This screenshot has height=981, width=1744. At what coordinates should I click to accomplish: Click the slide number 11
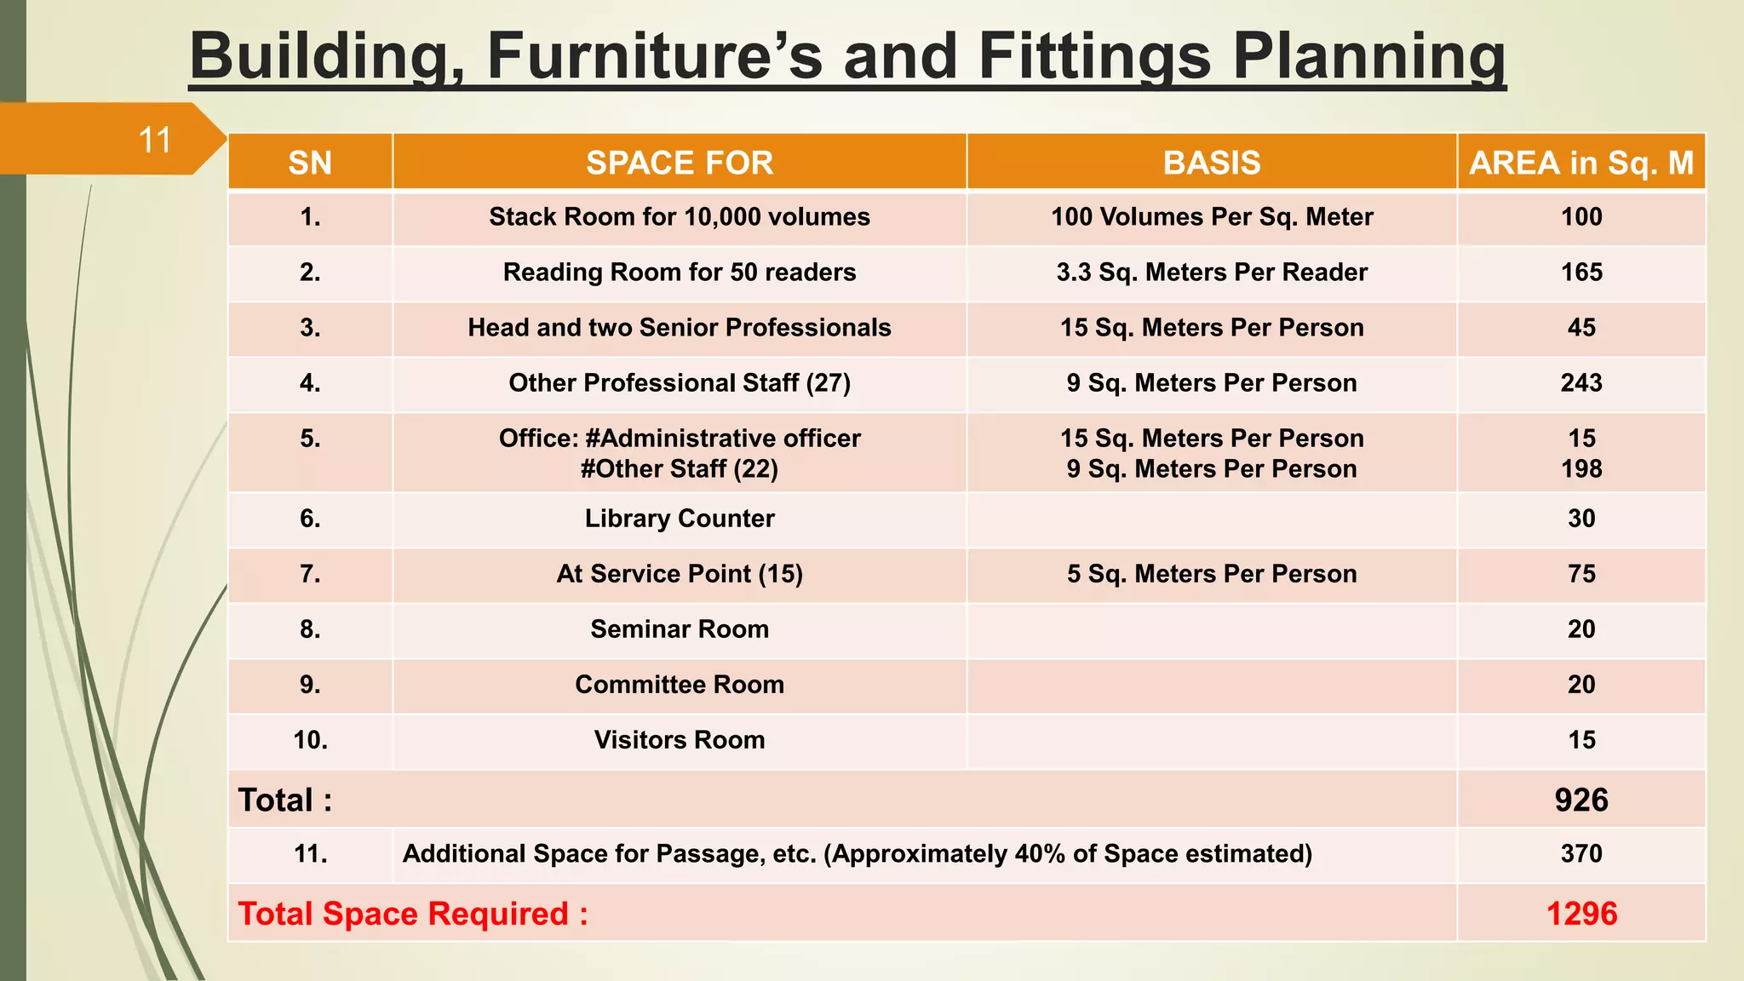click(x=155, y=141)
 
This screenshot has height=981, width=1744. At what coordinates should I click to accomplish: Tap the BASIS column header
click(x=1211, y=163)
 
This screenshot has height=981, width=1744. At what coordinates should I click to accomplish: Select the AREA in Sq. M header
click(x=1581, y=163)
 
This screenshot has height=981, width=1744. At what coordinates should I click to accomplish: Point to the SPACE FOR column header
click(x=679, y=163)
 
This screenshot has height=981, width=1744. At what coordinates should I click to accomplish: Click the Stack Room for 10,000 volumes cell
click(x=679, y=217)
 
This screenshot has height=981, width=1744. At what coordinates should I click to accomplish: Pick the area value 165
click(x=1581, y=272)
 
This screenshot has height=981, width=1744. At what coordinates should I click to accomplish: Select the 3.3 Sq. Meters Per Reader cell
click(x=1211, y=272)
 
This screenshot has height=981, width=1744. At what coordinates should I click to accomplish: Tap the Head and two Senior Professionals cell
click(x=679, y=328)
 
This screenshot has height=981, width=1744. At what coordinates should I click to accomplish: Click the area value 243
click(x=1581, y=383)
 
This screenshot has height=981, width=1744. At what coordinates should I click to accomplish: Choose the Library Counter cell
click(x=679, y=519)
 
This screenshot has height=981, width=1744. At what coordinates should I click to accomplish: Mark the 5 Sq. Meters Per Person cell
click(x=1211, y=574)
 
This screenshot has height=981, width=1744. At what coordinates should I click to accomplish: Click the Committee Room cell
click(x=679, y=685)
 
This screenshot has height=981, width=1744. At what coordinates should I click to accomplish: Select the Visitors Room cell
click(x=679, y=740)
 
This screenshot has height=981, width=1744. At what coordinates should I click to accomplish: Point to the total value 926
click(x=1581, y=800)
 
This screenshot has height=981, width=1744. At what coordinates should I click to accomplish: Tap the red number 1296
click(x=1581, y=914)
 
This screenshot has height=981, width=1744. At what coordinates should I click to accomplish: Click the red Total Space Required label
click(x=413, y=914)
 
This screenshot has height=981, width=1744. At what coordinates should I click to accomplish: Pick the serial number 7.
click(x=310, y=574)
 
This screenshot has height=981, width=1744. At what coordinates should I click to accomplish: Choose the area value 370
click(x=1581, y=854)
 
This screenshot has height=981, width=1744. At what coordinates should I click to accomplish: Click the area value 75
click(x=1581, y=574)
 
